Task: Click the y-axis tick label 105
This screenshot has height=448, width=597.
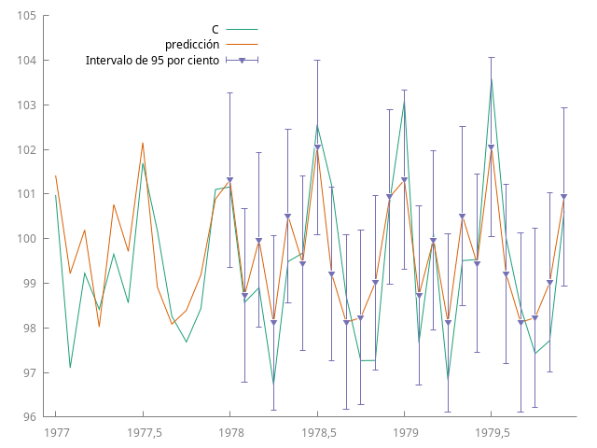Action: [x=26, y=16]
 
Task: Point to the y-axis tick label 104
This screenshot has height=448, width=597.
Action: [x=26, y=61]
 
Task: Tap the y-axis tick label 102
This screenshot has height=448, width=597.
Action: [x=26, y=149]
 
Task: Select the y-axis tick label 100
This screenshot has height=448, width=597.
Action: [x=26, y=239]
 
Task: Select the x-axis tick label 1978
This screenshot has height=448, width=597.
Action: [x=230, y=433]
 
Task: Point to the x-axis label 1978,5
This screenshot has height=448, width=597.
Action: [x=317, y=433]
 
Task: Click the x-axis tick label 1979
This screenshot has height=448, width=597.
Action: [x=405, y=433]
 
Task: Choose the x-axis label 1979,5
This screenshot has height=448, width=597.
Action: [x=492, y=433]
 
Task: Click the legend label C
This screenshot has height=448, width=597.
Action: [x=215, y=29]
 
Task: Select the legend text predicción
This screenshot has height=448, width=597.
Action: [x=192, y=45]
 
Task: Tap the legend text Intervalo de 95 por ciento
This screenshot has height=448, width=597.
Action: [x=152, y=61]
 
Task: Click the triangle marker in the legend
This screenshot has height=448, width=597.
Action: [x=242, y=61]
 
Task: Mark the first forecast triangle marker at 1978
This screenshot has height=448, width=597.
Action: [x=230, y=179]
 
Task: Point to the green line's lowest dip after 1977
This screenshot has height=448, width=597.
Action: [x=70, y=368]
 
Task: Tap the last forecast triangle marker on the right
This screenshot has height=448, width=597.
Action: [x=564, y=197]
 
